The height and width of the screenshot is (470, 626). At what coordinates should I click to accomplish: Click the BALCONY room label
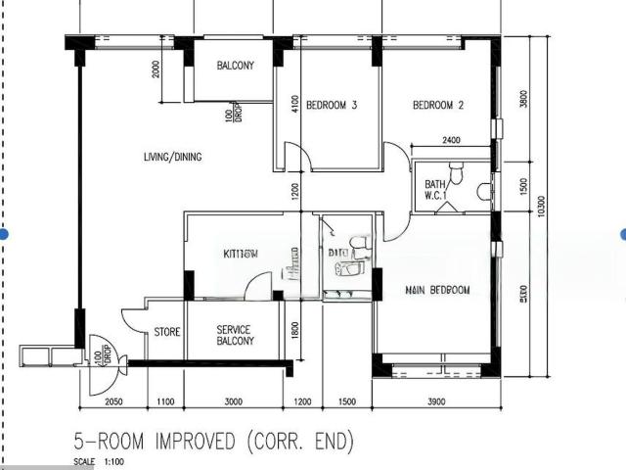coord(234,67)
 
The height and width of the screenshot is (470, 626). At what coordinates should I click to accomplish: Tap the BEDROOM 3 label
coord(330,106)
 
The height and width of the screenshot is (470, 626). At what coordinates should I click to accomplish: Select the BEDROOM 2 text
coord(437,106)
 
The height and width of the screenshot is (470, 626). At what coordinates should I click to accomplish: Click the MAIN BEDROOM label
coord(437,291)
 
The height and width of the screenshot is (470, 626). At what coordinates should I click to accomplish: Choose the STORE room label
coord(167,333)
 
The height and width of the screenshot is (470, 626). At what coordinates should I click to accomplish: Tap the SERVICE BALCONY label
coord(235,335)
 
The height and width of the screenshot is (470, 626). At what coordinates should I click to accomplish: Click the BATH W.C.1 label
coord(435,190)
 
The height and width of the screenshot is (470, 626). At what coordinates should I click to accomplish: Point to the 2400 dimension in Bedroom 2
coord(452,140)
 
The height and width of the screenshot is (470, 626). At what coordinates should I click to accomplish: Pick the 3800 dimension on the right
coord(524,99)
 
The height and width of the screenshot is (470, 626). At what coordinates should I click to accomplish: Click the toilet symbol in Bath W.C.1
coord(483,191)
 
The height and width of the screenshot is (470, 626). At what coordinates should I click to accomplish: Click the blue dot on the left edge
coord(4,234)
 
